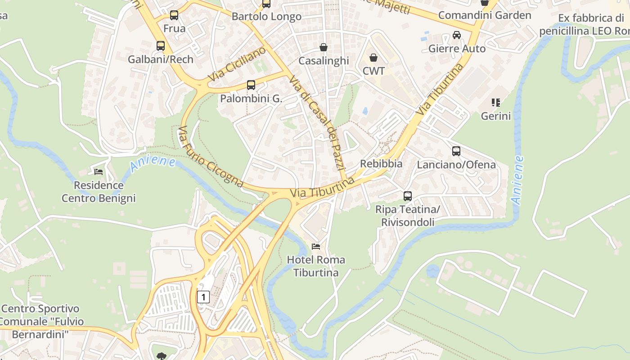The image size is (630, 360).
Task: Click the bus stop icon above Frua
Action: click(174, 15)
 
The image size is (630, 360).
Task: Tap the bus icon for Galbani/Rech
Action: click(161, 46)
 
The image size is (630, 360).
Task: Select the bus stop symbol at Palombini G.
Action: click(251, 85)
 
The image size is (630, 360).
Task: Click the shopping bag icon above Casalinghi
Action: click(324, 47)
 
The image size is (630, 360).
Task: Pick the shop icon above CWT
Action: click(373, 58)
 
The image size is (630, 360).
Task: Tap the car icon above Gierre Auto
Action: click(457, 35)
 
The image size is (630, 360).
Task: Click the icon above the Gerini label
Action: click(496, 103)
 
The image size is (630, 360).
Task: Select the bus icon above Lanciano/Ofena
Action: click(456, 151)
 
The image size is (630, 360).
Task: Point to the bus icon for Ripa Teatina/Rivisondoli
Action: click(408, 196)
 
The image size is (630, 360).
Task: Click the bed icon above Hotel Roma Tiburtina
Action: click(316, 247)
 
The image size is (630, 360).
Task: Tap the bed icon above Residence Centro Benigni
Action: click(99, 172)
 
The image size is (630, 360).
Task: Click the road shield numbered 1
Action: click(203, 297)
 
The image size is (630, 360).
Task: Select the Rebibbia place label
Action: click(381, 163)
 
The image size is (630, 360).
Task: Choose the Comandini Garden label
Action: click(485, 15)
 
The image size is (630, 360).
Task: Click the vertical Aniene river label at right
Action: click(518, 180)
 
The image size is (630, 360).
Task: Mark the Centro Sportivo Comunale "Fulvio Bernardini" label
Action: click(40, 321)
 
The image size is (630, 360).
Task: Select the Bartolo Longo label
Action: click(266, 17)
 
